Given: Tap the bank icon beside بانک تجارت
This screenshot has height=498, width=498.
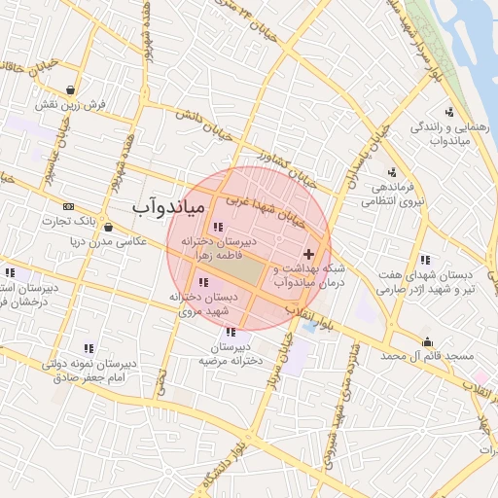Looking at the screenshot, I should tap(68, 206).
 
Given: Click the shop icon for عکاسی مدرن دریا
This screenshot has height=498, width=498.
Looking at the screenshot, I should tap(107, 228).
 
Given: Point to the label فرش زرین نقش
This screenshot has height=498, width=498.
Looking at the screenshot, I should tap(63, 104).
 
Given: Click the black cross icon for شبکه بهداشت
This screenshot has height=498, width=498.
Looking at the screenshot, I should tap(308, 253).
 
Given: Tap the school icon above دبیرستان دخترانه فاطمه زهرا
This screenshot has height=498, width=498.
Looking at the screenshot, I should tap(216, 226).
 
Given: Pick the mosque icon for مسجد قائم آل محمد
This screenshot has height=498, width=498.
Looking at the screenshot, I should tap(427, 341).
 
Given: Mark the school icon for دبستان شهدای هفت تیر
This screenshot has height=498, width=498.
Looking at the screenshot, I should tap(425, 260).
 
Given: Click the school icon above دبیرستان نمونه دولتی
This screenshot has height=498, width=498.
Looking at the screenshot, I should tap(89, 347).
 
